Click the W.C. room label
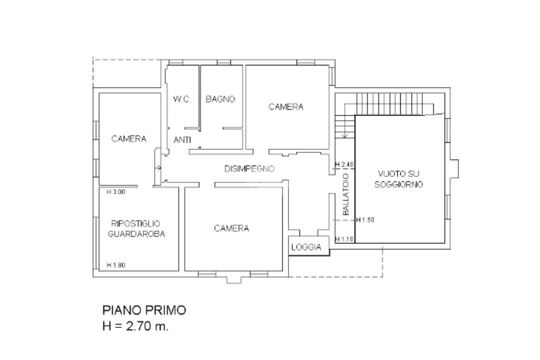[182, 99]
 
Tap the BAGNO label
[220, 99]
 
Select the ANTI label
[182, 140]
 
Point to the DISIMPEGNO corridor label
[249, 169]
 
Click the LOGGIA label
[306, 247]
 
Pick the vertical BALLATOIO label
[346, 194]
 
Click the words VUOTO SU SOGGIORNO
[399, 179]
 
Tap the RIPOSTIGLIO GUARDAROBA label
[137, 229]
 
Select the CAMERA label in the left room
[129, 139]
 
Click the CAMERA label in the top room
[286, 106]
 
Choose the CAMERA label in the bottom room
[232, 228]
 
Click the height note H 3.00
[116, 192]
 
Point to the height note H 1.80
[116, 265]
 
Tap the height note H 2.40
[344, 164]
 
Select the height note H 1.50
[365, 220]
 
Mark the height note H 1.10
[344, 239]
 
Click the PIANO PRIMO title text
[144, 310]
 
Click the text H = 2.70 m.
[136, 326]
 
